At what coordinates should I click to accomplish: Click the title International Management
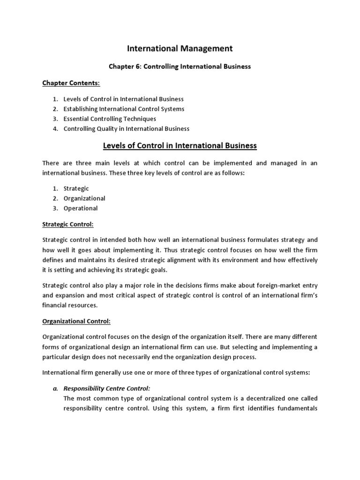[x=180, y=48]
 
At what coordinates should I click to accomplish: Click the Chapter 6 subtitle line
[x=180, y=67]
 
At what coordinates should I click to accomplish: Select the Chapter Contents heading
[x=71, y=83]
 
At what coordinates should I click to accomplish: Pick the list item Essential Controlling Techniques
[x=110, y=119]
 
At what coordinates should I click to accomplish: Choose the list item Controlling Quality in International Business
[x=127, y=128]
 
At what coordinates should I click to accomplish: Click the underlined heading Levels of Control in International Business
[x=180, y=145]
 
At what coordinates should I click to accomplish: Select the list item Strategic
[x=76, y=188]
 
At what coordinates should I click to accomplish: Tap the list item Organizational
[x=84, y=198]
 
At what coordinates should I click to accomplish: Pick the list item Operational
[x=81, y=208]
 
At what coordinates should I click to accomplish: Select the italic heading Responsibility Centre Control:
[x=106, y=389]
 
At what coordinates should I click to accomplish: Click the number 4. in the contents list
[x=55, y=128]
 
